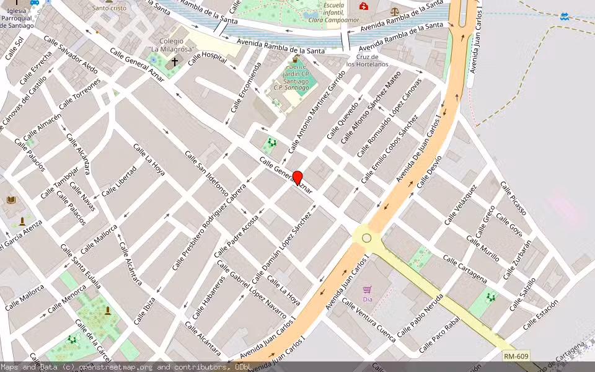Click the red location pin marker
[297, 178]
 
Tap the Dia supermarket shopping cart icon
[367, 290]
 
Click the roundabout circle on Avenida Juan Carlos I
[367, 238]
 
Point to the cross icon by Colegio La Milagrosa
[175, 61]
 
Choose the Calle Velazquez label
[461, 205]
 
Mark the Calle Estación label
[540, 315]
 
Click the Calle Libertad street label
[118, 181]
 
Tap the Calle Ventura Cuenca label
[368, 319]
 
